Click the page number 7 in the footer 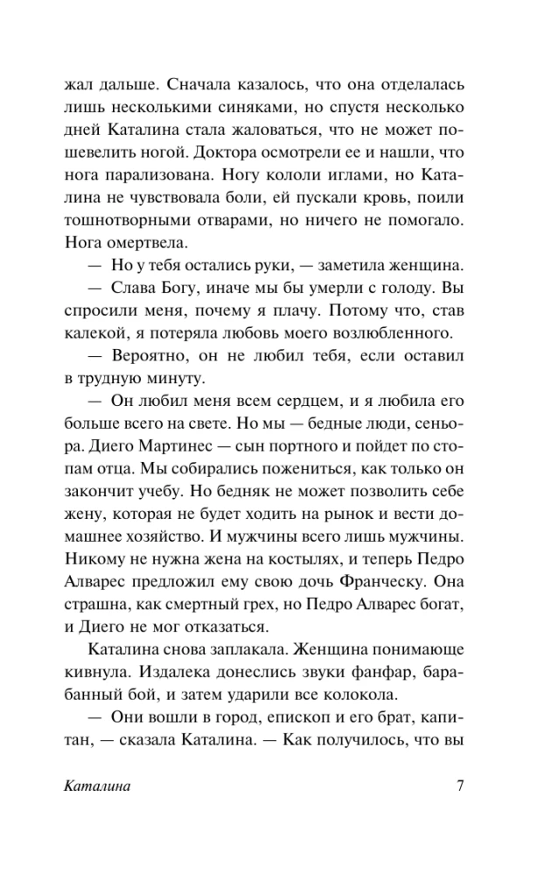460,785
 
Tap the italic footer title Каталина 97,785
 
